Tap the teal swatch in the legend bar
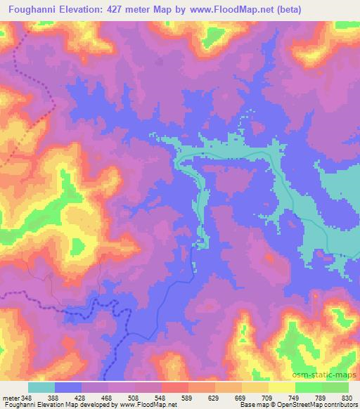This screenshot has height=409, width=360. [41, 387]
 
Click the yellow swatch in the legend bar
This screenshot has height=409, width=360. [281, 387]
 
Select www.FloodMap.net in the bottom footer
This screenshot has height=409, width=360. [147, 405]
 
